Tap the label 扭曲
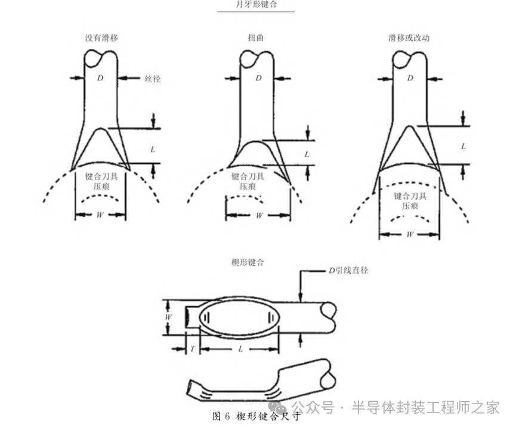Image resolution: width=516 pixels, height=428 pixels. (257, 38)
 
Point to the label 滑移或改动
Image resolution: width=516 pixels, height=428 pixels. (409, 38)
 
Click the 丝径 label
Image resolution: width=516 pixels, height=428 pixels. (152, 78)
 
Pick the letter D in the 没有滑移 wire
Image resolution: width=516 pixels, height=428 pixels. (100, 78)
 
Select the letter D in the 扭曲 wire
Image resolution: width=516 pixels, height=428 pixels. (258, 78)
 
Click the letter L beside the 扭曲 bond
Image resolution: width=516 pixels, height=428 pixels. (307, 154)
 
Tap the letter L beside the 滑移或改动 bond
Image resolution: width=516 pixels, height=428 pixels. (464, 145)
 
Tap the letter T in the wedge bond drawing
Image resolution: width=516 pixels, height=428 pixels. (193, 349)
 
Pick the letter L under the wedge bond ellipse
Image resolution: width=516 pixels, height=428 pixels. (240, 349)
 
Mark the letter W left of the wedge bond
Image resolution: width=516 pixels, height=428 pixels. (169, 317)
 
